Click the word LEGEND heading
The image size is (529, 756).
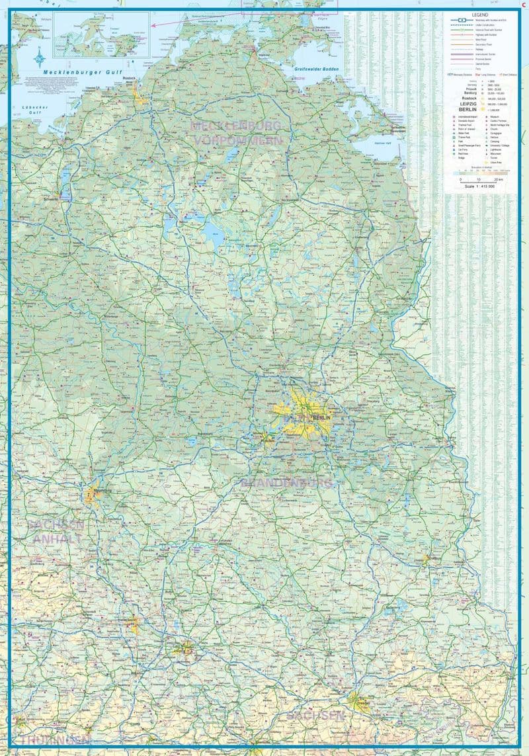pyautogui.click(x=481, y=14)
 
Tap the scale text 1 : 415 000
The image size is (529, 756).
pyautogui.click(x=481, y=187)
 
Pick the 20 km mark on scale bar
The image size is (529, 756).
pyautogui.click(x=499, y=179)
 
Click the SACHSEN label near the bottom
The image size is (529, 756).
pyautogui.click(x=315, y=716)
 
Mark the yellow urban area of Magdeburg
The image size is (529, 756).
pyautogui.click(x=91, y=493)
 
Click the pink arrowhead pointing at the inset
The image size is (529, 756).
pyautogui.click(x=153, y=25)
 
